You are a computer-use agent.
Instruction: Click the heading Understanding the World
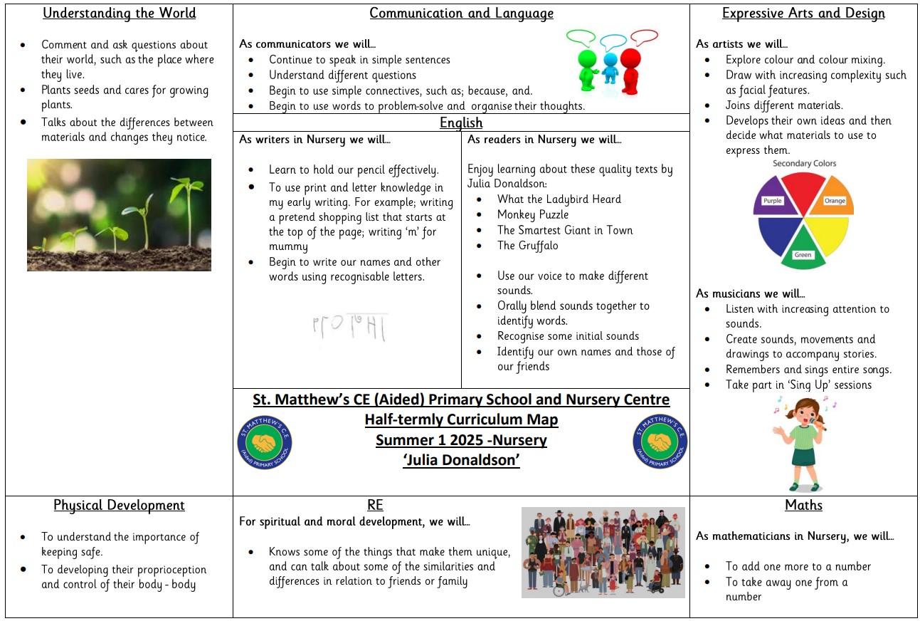(118, 14)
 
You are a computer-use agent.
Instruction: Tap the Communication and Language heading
(461, 14)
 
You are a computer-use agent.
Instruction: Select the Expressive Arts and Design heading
(803, 14)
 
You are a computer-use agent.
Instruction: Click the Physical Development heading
(119, 505)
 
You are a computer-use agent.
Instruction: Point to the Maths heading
(803, 505)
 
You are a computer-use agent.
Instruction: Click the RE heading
(375, 505)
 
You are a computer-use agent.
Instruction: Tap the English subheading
(461, 123)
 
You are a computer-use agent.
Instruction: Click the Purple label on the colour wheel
(772, 201)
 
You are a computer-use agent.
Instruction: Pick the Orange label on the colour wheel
(835, 201)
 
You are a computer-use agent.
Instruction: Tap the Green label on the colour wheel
(803, 255)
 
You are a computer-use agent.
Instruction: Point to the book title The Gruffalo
(527, 246)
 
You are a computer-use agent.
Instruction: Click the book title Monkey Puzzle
(532, 214)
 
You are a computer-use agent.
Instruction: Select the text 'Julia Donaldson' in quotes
(461, 460)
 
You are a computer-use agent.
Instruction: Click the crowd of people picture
(603, 552)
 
